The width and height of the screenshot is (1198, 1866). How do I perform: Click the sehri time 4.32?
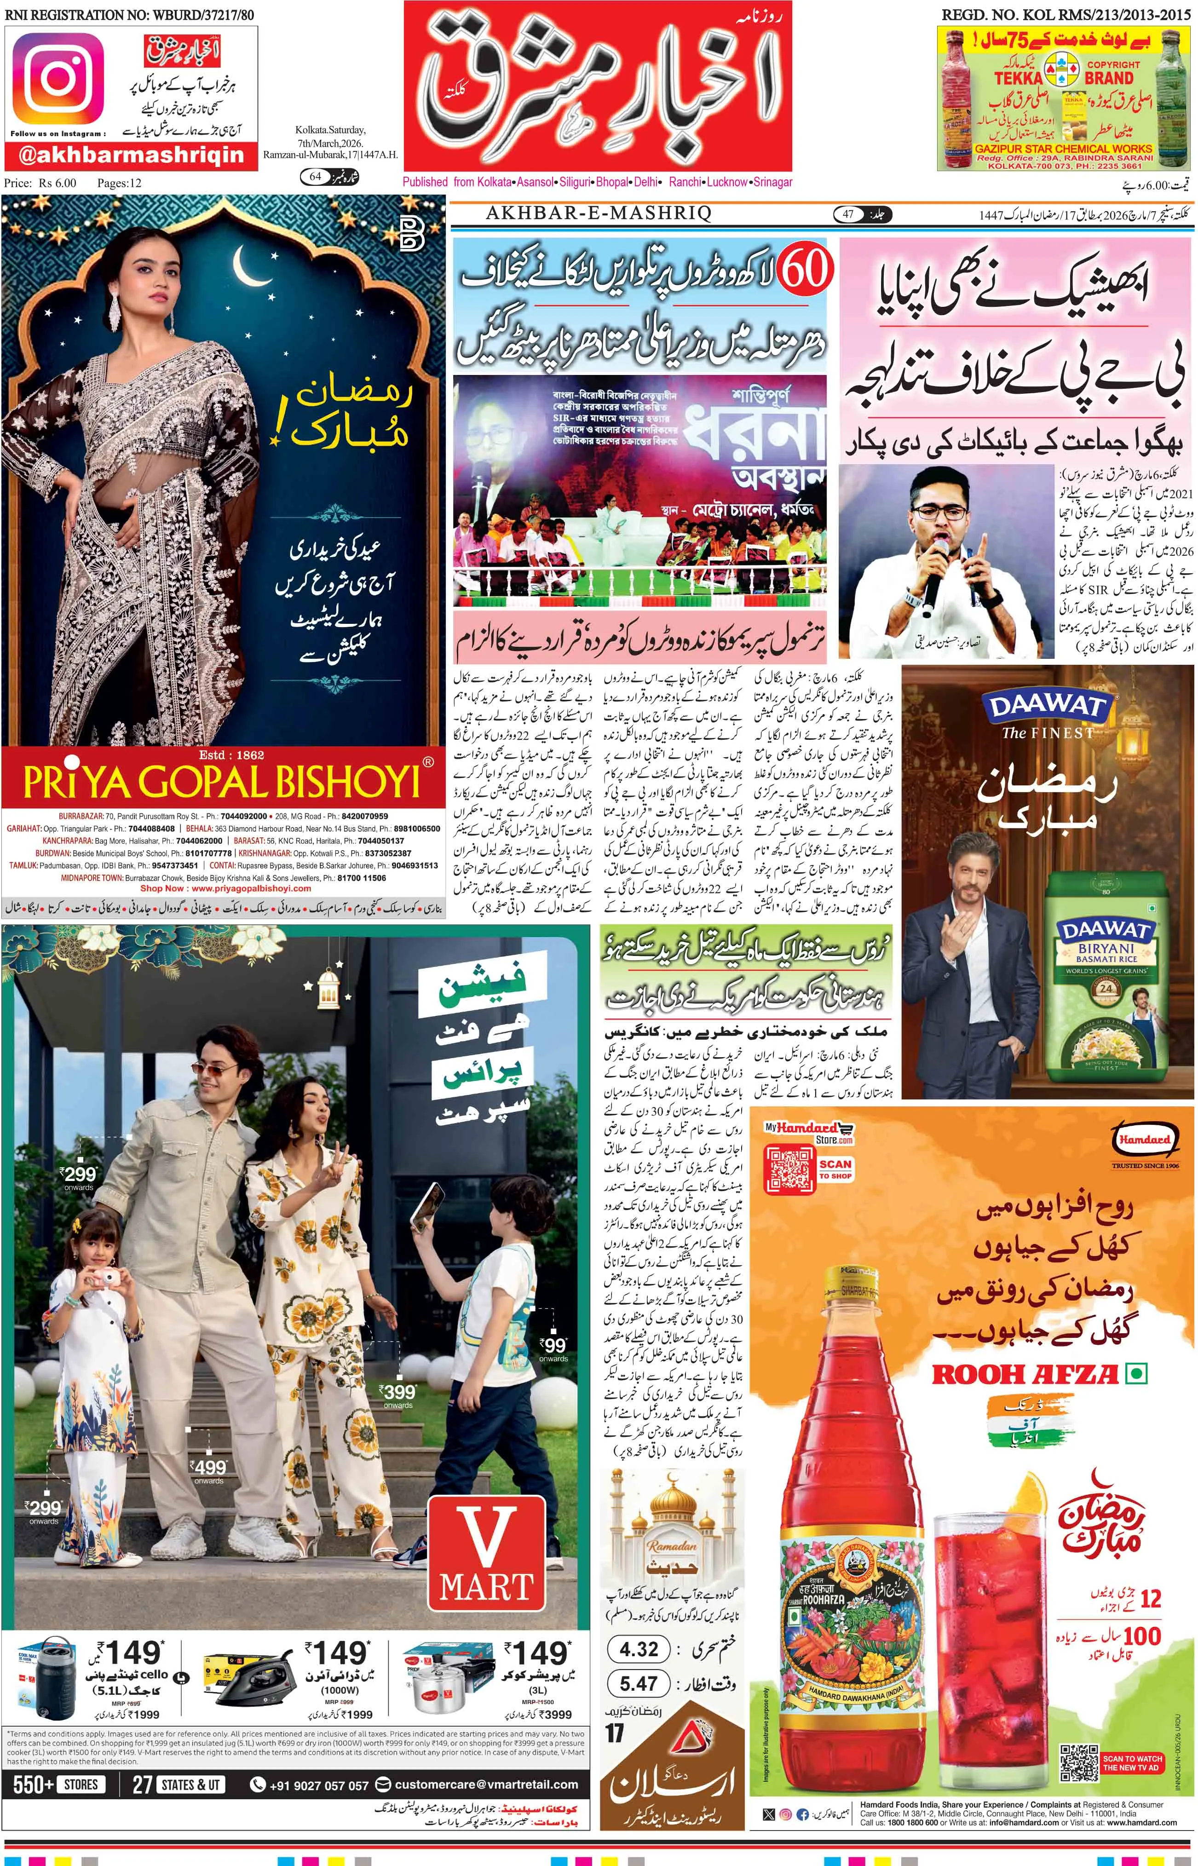639,1649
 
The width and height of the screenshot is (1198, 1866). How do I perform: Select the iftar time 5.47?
639,1684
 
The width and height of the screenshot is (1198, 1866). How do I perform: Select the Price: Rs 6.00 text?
40,183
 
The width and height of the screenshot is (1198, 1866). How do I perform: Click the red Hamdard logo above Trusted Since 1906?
1144,1139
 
